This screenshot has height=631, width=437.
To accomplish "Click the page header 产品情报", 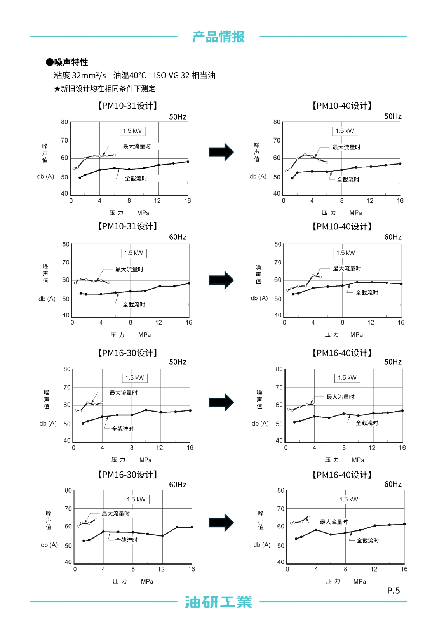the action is pos(218,37).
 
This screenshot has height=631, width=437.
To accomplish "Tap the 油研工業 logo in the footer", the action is pos(218,602).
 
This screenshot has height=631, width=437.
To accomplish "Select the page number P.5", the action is pos(393,591).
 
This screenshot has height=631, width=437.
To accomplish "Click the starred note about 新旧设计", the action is pos(104,89).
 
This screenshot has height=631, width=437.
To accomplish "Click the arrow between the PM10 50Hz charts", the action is pos(221,152).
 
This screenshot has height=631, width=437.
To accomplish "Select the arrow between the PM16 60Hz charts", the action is pos(221,523).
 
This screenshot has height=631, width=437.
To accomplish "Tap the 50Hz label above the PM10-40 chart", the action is pos(393,116).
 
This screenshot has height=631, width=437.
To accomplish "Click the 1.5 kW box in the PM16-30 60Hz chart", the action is pos(136,499).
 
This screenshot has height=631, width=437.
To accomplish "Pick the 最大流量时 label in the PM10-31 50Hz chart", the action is pos(136,146).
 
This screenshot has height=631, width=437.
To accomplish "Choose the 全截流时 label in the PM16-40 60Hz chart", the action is pos(368,540).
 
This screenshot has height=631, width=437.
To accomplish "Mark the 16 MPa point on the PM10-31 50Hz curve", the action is pos(188,162).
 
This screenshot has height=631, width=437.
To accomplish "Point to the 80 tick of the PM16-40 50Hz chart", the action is pos(279,369).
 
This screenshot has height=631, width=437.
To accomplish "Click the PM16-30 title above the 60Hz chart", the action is pos(127,475).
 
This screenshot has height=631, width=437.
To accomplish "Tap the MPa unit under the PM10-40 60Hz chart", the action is pos(357,335).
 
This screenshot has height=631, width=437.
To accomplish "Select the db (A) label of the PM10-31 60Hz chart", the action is pos(47,299).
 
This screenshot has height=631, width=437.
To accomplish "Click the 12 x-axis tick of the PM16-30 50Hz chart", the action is pos(160,448).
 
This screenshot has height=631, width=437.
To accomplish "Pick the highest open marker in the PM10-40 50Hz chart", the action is pos(305,155).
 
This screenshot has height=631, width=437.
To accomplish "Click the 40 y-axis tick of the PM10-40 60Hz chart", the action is pos(278,315).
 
